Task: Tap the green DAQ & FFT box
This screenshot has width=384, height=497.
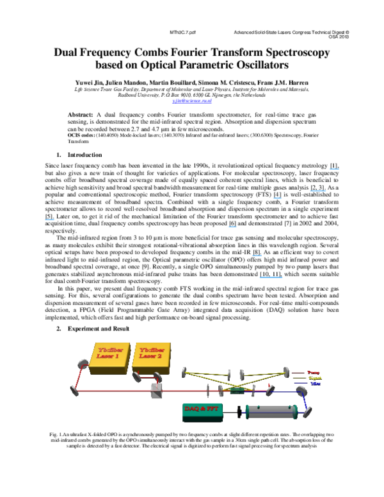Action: [x=202, y=409]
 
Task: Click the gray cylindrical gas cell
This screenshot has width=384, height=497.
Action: [x=271, y=411]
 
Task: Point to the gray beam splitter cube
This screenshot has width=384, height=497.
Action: [x=157, y=391]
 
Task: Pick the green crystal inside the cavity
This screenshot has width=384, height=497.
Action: [x=237, y=390]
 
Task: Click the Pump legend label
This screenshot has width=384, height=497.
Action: [x=313, y=372]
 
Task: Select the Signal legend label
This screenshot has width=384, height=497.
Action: [x=314, y=378]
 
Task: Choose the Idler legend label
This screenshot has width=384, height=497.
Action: [x=315, y=384]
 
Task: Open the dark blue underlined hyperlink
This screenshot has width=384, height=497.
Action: [x=192, y=101]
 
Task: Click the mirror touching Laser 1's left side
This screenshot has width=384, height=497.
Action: [x=83, y=364]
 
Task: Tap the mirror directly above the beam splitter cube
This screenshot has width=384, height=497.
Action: [x=157, y=377]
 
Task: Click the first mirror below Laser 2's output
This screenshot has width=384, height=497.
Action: [x=136, y=377]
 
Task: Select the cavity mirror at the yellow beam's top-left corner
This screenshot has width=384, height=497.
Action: [x=184, y=371]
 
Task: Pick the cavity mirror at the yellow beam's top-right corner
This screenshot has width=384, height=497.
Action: [x=286, y=371]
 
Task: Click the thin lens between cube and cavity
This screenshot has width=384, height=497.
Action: [x=207, y=390]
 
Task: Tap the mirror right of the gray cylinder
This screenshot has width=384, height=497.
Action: [x=307, y=412]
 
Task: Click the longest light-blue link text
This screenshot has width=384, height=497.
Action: [x=271, y=277]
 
